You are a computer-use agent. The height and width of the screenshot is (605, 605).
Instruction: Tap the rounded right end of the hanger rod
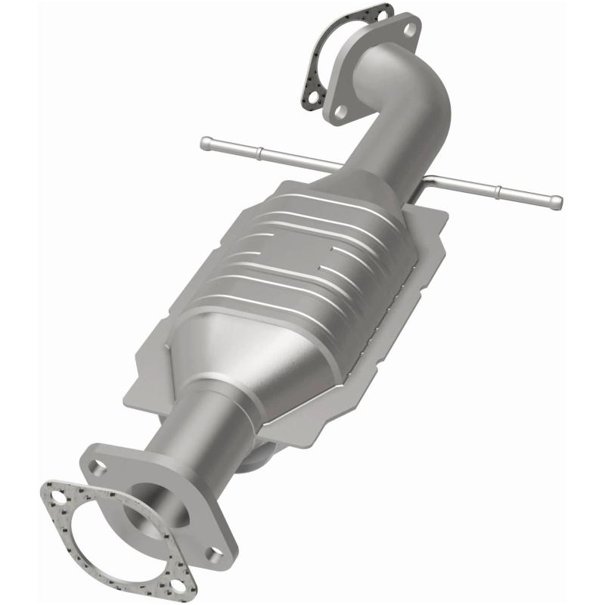[557, 202]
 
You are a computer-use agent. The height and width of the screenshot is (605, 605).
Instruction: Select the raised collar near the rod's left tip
[259, 154]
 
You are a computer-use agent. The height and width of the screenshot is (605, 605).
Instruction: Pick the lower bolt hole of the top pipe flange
[342, 111]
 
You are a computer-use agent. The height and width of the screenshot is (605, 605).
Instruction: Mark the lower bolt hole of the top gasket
[311, 98]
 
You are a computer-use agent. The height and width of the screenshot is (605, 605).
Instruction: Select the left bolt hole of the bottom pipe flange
[95, 467]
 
